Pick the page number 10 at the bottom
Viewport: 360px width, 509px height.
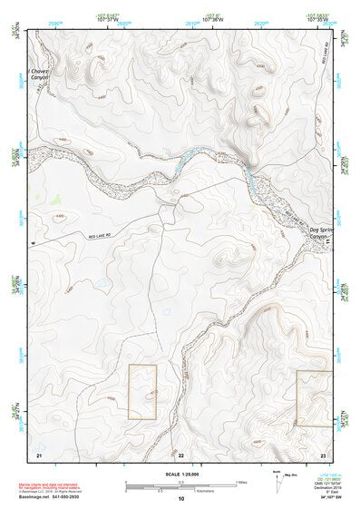pyautogui.click(x=180, y=499)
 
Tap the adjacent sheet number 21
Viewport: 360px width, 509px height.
pyautogui.click(x=39, y=453)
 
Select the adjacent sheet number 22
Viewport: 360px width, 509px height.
pyautogui.click(x=180, y=454)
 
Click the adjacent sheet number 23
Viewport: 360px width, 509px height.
pyautogui.click(x=322, y=453)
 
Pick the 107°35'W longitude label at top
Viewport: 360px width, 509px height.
pyautogui.click(x=315, y=18)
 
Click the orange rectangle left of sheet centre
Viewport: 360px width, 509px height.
pyautogui.click(x=142, y=392)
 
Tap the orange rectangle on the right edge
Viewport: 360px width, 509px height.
pyautogui.click(x=314, y=398)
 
